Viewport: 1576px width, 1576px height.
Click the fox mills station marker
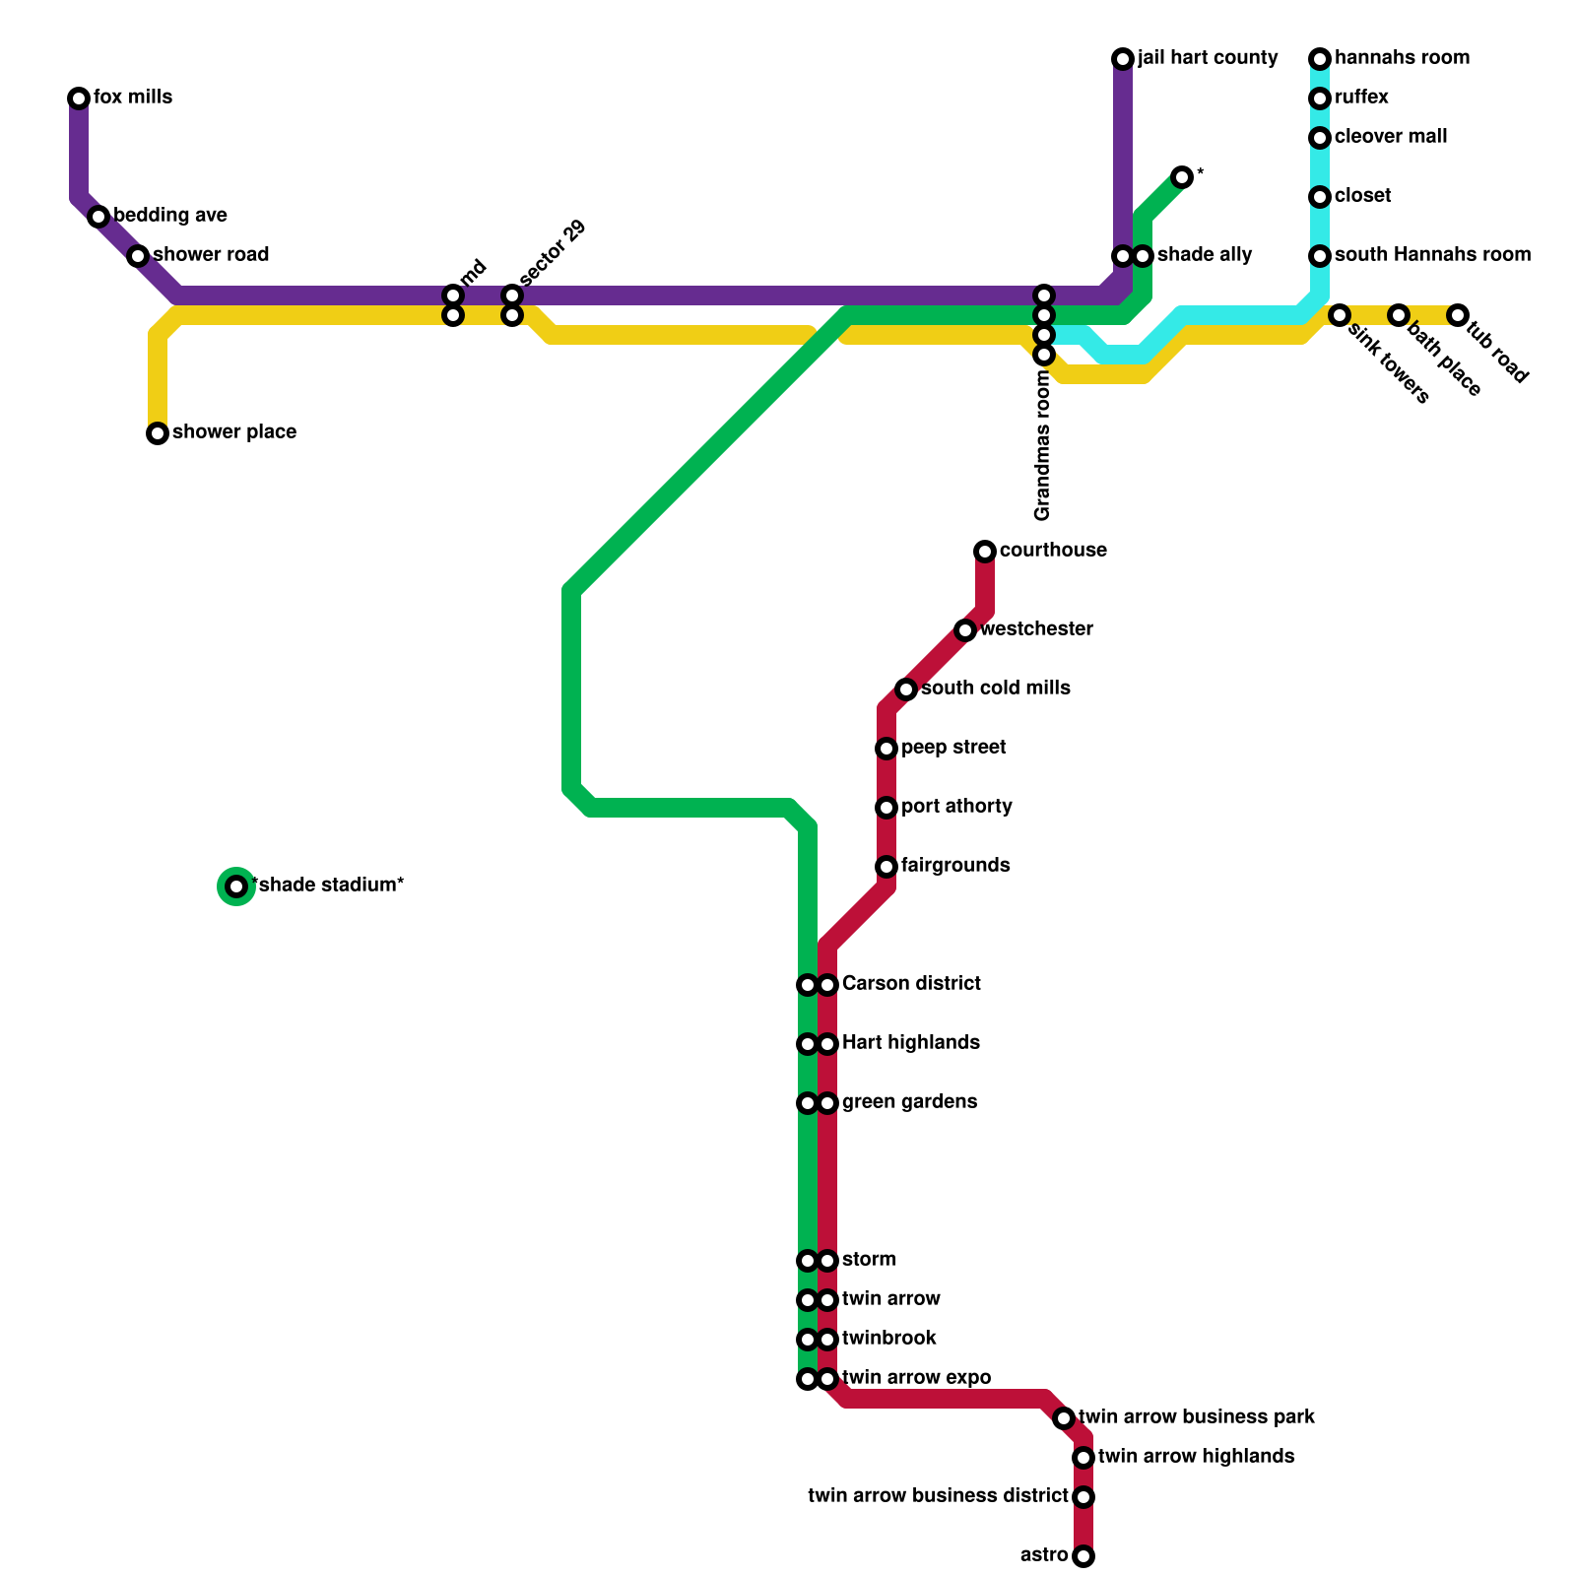(79, 98)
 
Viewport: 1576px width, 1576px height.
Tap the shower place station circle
(158, 433)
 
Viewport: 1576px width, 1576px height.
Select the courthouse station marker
(985, 552)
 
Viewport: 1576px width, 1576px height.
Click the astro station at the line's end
(1083, 1556)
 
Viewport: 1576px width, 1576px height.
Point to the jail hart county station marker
(1123, 59)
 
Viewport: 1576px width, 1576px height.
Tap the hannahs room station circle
(1320, 59)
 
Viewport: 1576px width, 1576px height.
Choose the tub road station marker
(1458, 315)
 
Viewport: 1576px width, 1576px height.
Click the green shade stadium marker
(236, 886)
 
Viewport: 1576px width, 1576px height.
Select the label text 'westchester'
(1036, 629)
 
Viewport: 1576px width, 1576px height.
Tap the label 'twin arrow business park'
(1197, 1417)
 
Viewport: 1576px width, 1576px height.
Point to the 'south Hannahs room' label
(1432, 255)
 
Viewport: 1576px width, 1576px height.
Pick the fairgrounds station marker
(886, 867)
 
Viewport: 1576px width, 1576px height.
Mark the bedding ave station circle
(98, 217)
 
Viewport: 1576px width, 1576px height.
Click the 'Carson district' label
(911, 984)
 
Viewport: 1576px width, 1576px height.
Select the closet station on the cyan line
(1320, 197)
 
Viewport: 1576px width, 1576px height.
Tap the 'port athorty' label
(956, 807)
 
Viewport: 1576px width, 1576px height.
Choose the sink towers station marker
(1340, 315)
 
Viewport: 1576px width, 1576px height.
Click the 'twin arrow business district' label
(938, 1496)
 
